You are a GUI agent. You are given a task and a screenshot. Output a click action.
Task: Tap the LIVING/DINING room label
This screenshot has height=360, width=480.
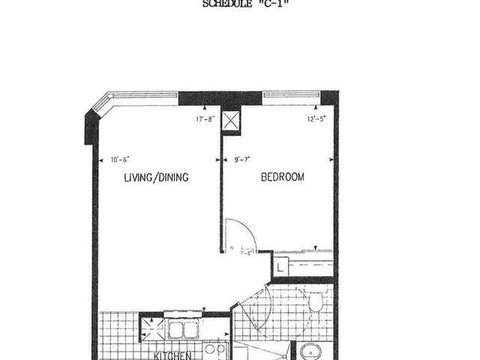[156, 178]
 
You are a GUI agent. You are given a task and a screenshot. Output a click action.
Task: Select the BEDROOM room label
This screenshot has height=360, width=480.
[283, 177]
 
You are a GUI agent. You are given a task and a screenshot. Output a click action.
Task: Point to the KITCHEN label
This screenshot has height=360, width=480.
[173, 355]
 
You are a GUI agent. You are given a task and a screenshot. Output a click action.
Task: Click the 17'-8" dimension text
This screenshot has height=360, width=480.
[205, 118]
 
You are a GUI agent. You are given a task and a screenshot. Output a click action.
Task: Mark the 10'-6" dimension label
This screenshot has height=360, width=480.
[120, 159]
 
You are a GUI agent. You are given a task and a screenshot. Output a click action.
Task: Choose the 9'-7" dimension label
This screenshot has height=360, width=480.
[241, 159]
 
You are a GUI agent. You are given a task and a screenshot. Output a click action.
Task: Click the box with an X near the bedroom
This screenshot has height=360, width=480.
[232, 121]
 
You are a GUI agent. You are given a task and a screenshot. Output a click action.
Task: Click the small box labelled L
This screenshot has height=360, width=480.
[279, 265]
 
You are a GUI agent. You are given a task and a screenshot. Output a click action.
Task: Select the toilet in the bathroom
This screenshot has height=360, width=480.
[316, 301]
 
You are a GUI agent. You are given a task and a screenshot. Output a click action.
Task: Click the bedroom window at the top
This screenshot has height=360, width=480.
[291, 96]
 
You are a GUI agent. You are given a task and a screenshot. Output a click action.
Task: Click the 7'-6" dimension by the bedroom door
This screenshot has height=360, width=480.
[246, 253]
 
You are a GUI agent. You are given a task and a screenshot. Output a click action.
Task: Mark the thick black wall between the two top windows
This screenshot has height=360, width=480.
[220, 98]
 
